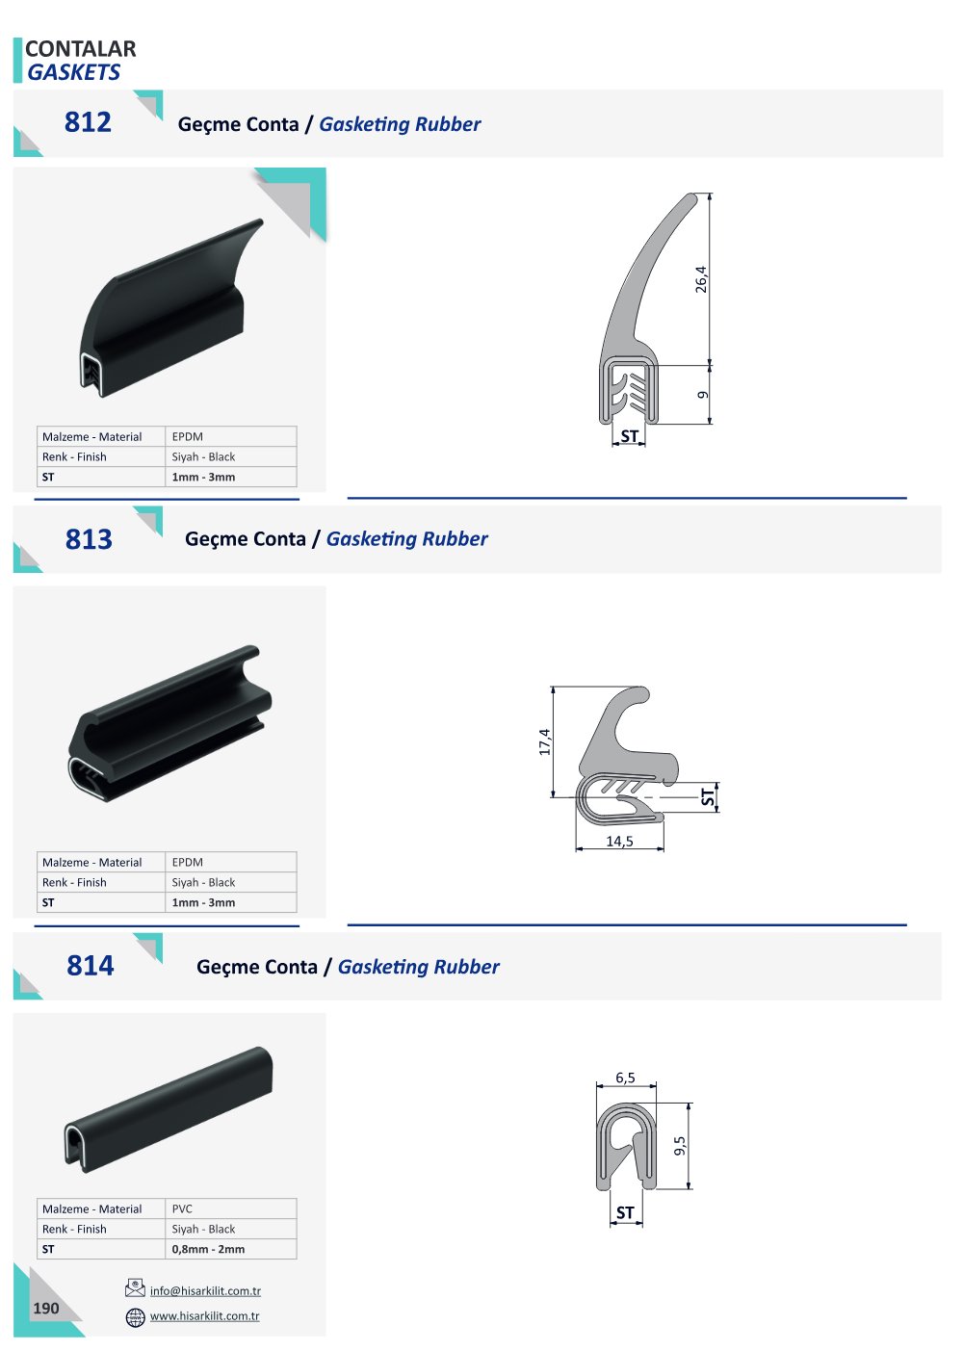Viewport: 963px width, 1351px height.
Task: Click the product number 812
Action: [x=88, y=122]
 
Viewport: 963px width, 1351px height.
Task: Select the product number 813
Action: [x=89, y=539]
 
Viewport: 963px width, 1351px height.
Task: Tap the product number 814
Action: [x=90, y=966]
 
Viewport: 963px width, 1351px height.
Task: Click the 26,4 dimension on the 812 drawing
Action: [x=701, y=279]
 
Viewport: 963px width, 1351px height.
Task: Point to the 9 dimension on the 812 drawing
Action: [x=702, y=395]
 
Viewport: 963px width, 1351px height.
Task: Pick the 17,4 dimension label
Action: [x=544, y=741]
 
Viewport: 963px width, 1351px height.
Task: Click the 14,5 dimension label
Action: [x=619, y=842]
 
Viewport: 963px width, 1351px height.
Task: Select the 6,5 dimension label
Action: [x=625, y=1078]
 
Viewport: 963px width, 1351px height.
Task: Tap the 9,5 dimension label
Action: [x=680, y=1146]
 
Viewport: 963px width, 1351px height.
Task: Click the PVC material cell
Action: [x=182, y=1208]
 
